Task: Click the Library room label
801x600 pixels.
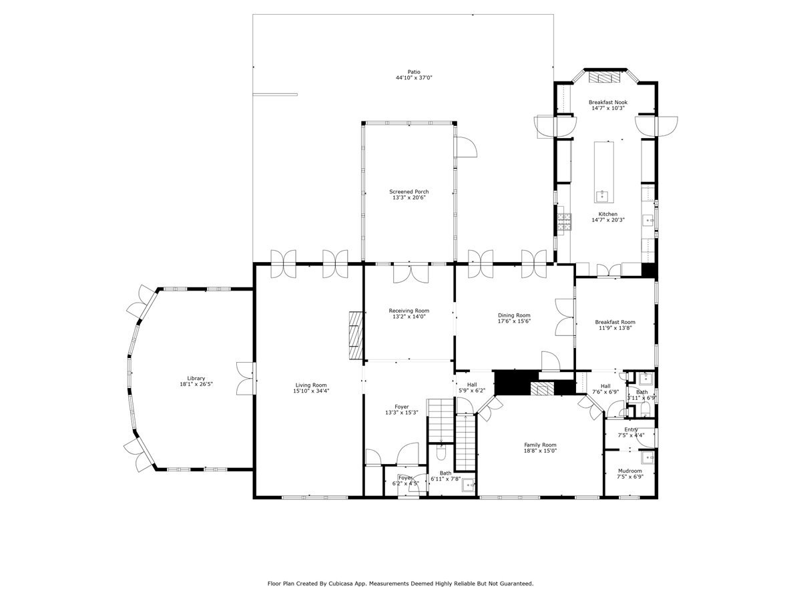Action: (196, 378)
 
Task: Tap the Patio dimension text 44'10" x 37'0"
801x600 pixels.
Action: (414, 78)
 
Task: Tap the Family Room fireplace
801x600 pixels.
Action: (543, 389)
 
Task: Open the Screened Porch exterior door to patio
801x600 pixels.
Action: (465, 148)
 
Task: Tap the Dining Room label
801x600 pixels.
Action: (514, 315)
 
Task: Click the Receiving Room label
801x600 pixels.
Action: (409, 311)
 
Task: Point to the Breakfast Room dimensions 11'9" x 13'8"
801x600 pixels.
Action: (614, 328)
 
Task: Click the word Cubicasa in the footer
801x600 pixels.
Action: (342, 583)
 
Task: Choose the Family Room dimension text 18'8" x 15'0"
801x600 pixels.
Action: (540, 451)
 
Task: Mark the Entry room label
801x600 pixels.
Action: (631, 429)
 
